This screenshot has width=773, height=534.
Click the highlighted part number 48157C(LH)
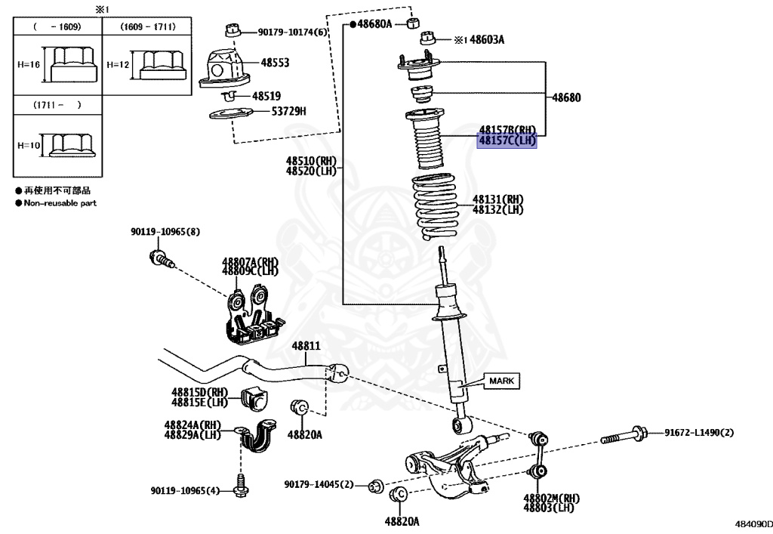click(x=507, y=140)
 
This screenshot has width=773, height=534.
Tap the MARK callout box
click(x=500, y=381)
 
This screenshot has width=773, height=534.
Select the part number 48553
click(x=275, y=63)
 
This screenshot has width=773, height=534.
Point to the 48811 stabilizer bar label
click(x=307, y=346)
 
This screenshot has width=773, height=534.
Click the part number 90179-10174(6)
click(x=293, y=32)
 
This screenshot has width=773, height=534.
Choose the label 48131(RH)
click(x=497, y=199)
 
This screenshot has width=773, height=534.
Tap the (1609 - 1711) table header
click(x=148, y=26)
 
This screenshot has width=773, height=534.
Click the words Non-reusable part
click(x=60, y=203)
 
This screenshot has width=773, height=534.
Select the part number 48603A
click(x=487, y=39)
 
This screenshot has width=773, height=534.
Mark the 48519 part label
click(x=266, y=96)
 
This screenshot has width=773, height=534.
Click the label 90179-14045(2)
click(x=319, y=484)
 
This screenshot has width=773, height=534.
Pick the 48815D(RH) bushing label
click(x=199, y=392)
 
